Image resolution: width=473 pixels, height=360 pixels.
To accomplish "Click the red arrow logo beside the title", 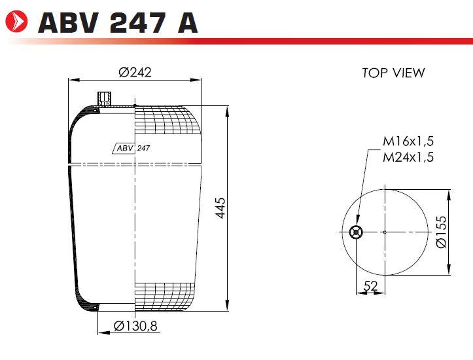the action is click(x=16, y=22).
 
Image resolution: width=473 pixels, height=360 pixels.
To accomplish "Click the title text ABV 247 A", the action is click(x=118, y=23).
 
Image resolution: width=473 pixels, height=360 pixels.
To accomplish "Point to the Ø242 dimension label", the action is click(x=135, y=73).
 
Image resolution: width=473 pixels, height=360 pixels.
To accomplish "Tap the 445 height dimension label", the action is click(x=220, y=208).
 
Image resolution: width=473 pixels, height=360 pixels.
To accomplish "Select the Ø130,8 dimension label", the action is click(x=135, y=326).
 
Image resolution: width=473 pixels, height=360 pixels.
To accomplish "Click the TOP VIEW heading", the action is click(x=393, y=73).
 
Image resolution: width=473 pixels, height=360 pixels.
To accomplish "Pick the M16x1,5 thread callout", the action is click(x=408, y=141).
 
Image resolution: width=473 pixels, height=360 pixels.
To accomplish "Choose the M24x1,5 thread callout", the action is click(x=408, y=157).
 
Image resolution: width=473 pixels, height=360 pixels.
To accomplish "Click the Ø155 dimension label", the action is click(x=442, y=232).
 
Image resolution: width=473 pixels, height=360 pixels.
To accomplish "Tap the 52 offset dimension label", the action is click(x=370, y=285).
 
